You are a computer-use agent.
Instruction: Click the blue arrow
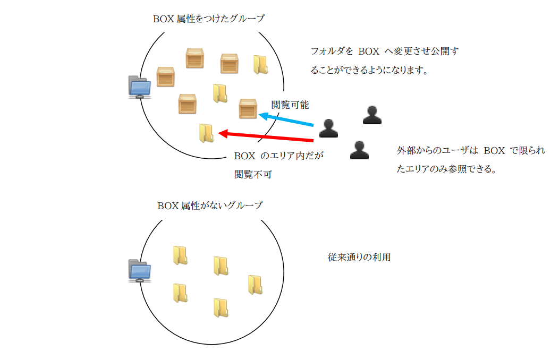pos(287,120)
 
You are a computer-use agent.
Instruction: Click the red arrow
pos(266,136)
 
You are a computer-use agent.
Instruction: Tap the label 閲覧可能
pos(290,105)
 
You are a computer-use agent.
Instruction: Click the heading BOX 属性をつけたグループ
pos(209,18)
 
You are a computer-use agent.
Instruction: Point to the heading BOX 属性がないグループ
pos(210,205)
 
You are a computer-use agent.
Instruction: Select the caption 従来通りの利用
pos(359,258)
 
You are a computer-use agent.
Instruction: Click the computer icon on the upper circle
pos(140,87)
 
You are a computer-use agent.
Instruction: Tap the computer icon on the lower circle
pos(140,271)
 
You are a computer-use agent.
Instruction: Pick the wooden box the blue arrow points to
pos(248,108)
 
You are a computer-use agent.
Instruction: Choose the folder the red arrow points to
pos(206,133)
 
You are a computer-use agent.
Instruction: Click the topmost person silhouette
pos(372,115)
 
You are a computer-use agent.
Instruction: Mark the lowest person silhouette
pos(360,150)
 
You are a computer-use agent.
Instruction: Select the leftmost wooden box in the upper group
pos(166,77)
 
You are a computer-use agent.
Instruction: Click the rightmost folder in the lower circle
pos(255,285)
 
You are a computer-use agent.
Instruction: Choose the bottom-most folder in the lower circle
pos(221,308)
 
